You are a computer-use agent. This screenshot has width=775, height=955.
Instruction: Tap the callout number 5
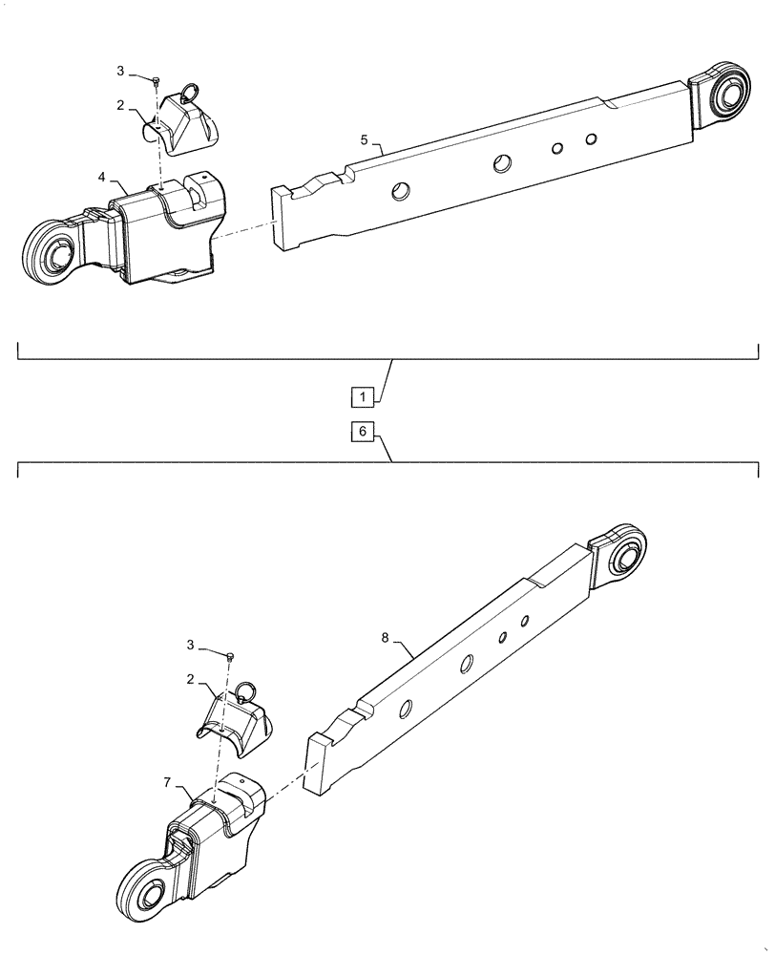pyautogui.click(x=365, y=140)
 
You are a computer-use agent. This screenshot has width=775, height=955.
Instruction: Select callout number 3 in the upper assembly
pyautogui.click(x=120, y=71)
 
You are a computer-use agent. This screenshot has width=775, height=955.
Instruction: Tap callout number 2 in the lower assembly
pyautogui.click(x=193, y=679)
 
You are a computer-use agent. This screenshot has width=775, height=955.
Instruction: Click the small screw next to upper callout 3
pyautogui.click(x=155, y=81)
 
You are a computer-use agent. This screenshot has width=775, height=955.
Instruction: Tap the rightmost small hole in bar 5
pyautogui.click(x=592, y=140)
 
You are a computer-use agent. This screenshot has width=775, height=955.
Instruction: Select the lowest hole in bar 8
pyautogui.click(x=405, y=708)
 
